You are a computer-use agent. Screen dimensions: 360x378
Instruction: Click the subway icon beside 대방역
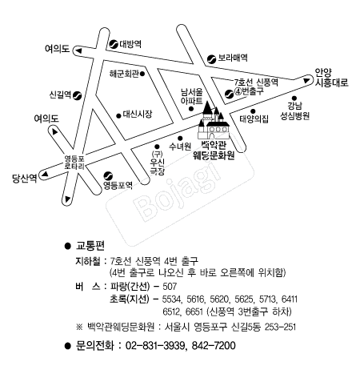pyautogui.click(x=114, y=44)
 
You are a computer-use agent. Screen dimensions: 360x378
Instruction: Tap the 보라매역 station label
pyautogui.click(x=233, y=58)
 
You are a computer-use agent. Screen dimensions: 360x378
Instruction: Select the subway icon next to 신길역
pyautogui.click(x=78, y=95)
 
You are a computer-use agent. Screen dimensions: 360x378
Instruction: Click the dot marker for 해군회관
pyautogui.click(x=142, y=74)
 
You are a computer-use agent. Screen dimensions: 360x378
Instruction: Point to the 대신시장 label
pyautogui.click(x=138, y=115)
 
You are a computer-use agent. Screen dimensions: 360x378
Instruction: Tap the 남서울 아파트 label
pyautogui.click(x=192, y=96)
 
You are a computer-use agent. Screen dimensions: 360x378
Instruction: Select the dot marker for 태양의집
pyautogui.click(x=253, y=111)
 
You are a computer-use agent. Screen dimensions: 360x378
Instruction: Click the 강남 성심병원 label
pyautogui.click(x=294, y=111)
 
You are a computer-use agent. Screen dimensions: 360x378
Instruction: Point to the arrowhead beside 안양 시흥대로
pyautogui.click(x=306, y=80)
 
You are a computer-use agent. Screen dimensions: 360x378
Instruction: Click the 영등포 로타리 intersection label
pyautogui.click(x=74, y=163)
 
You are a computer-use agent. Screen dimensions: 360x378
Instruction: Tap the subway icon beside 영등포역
pyautogui.click(x=108, y=175)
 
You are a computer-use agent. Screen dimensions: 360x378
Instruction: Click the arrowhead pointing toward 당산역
pyautogui.click(x=44, y=175)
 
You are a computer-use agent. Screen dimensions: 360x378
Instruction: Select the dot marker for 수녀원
pyautogui.click(x=180, y=139)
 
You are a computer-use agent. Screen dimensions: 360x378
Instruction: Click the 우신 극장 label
pyautogui.click(x=158, y=167)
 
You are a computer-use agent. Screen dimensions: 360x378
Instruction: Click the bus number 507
pyautogui.click(x=170, y=287)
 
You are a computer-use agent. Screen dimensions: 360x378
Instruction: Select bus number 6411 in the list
pyautogui.click(x=290, y=300)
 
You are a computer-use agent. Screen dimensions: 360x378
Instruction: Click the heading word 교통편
pyautogui.click(x=90, y=246)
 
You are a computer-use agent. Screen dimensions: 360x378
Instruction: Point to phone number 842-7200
pyautogui.click(x=214, y=346)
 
